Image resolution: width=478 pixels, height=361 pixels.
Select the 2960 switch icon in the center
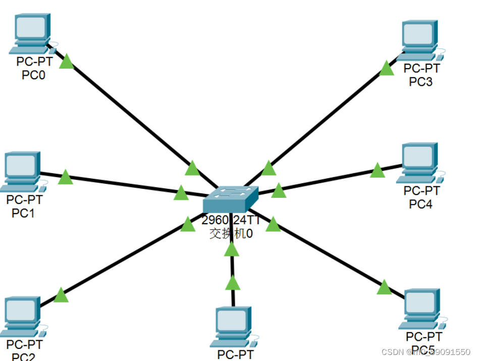(x=230, y=199)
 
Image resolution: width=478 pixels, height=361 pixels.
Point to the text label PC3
(x=420, y=81)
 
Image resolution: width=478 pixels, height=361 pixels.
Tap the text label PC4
(x=420, y=204)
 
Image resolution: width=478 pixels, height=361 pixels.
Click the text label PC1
(x=23, y=213)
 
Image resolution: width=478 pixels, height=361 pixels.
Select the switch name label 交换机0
(x=231, y=234)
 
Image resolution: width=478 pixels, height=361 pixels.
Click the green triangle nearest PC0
(x=67, y=63)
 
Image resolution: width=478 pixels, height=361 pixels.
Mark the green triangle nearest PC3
(x=387, y=68)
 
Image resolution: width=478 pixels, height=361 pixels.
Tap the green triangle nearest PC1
(x=65, y=177)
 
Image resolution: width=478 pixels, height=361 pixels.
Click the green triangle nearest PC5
(x=384, y=288)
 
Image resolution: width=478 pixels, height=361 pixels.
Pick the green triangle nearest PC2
(x=60, y=295)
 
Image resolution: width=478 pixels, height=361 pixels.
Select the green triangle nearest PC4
(x=378, y=171)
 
